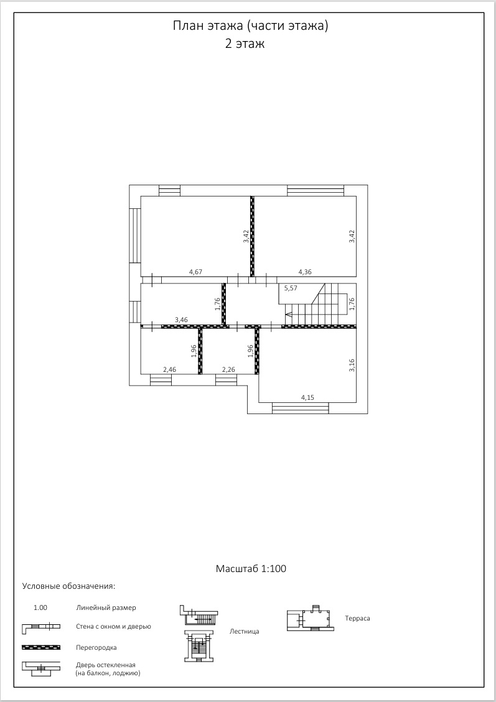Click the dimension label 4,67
(x=196, y=271)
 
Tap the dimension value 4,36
(x=305, y=271)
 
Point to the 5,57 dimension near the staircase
(x=291, y=289)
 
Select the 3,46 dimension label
(x=182, y=320)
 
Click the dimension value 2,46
(x=170, y=369)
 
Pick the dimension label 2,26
(x=228, y=369)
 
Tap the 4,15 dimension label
(x=308, y=397)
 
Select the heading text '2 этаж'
(x=245, y=44)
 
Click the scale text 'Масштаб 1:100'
(x=251, y=568)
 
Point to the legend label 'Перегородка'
(x=96, y=647)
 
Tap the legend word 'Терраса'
(x=358, y=618)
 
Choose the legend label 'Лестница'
(x=244, y=631)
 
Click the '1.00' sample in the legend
(x=40, y=607)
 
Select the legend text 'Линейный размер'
(x=106, y=607)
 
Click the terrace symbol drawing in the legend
(x=311, y=618)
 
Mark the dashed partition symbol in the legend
(x=41, y=647)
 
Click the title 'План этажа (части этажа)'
(x=250, y=26)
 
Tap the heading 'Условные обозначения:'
(x=68, y=586)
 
